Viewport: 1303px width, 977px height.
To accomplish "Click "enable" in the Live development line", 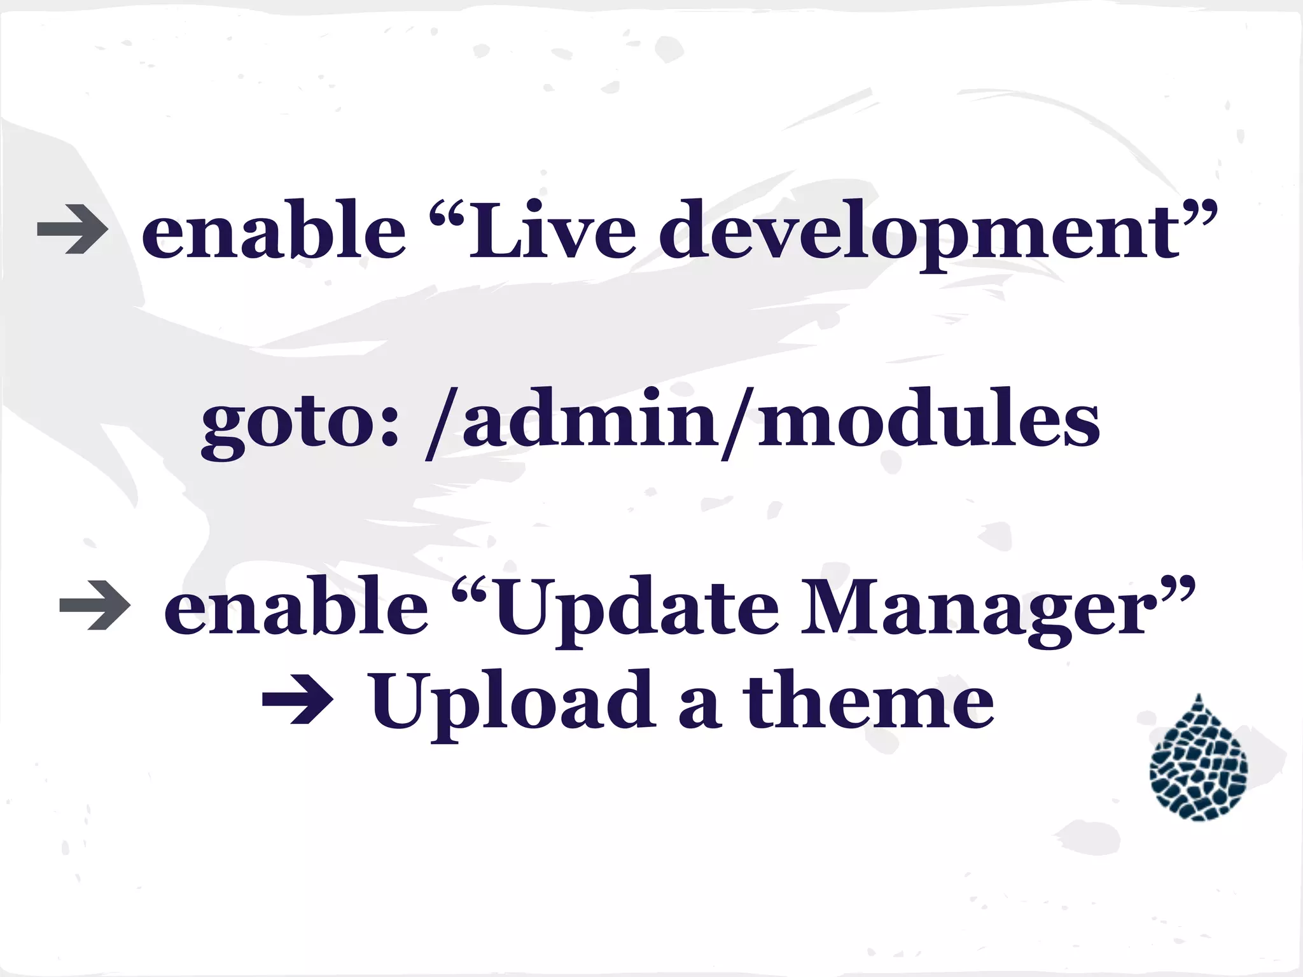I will [x=274, y=229].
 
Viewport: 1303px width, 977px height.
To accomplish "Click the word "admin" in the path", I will [x=592, y=420].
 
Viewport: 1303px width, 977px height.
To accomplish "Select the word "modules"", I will [x=928, y=420].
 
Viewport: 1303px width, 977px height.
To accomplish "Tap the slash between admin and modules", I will [x=738, y=423].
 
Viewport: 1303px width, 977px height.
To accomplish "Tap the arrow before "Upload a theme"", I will [x=298, y=703].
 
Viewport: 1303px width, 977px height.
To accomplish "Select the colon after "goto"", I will [x=390, y=426].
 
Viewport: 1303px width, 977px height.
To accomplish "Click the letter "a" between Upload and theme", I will [x=699, y=709].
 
